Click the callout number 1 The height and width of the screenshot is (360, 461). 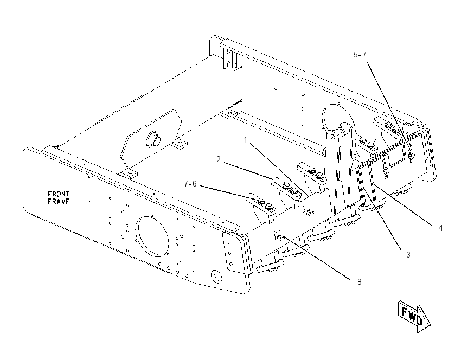246,140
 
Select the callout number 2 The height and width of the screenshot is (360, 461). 219,159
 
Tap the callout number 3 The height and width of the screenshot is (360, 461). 408,254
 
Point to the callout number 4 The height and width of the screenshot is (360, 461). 440,228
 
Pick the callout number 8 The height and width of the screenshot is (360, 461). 359,282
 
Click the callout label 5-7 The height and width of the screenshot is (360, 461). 360,55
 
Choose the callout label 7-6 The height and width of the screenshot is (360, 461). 190,184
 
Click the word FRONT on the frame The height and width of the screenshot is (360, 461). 59,194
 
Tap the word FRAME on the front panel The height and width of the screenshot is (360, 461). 59,202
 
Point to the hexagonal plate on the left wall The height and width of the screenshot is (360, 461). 151,137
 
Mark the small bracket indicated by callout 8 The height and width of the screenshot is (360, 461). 278,235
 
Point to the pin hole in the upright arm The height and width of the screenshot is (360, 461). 332,137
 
